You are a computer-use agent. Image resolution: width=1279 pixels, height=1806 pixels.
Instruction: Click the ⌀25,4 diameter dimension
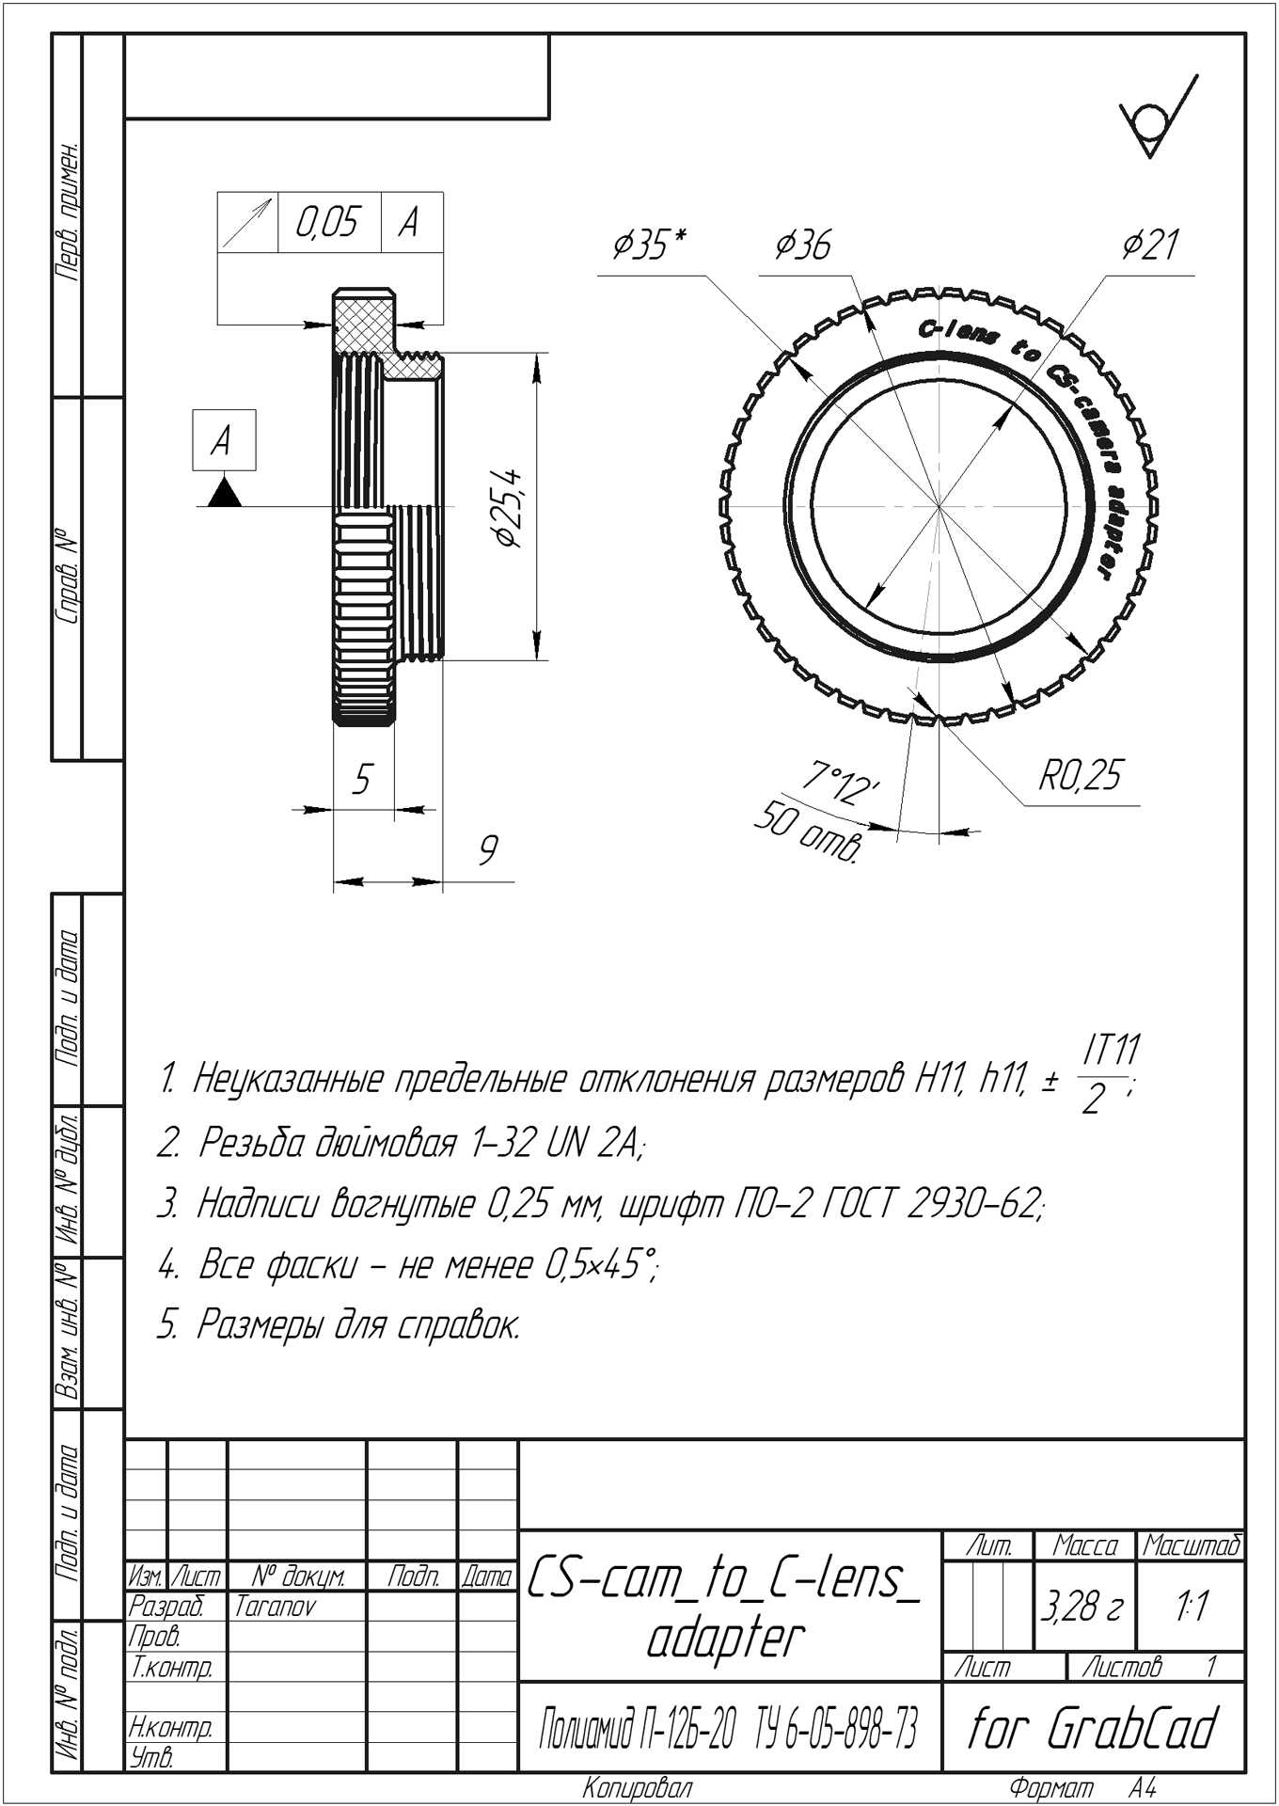coord(508,509)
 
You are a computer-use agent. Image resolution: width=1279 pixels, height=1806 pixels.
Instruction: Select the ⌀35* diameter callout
coord(649,244)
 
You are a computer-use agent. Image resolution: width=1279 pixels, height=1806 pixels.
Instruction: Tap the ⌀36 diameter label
coord(803,245)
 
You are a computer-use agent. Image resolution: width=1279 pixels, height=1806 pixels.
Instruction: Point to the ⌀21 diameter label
coord(1150,245)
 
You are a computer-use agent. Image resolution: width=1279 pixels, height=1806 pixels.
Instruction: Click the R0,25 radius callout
coord(1081,775)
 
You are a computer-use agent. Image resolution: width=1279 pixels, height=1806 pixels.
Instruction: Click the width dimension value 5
coord(362,779)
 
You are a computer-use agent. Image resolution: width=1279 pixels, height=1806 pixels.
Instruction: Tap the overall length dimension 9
coord(487,849)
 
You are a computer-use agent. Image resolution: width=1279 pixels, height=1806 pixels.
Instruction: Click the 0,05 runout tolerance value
coord(327,222)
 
